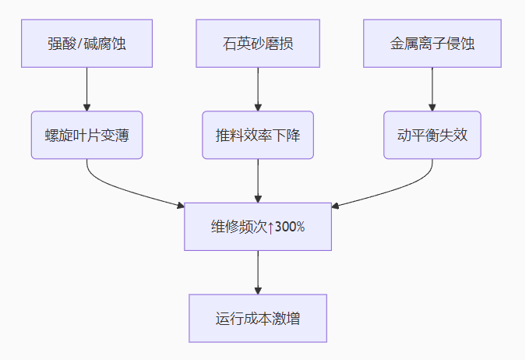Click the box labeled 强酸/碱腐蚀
pos(86,44)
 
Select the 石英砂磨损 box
pos(258,44)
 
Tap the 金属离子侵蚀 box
pos(432,44)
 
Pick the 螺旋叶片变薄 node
pos(86,135)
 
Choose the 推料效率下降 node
pos(258,135)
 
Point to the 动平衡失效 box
pos(432,135)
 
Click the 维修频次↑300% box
pos(258,227)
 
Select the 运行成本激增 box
pos(258,319)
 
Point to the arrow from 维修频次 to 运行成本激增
pos(258,272)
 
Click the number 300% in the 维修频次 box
pos(289,227)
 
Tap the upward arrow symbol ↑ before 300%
pos(270,227)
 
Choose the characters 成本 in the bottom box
pos(258,319)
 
